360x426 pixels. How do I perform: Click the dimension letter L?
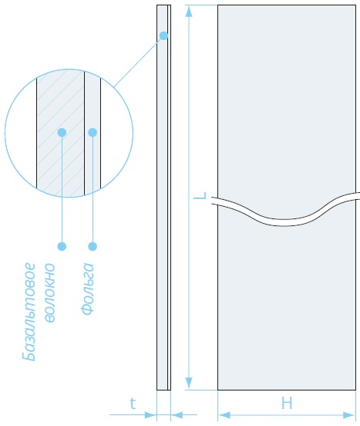pyautogui.click(x=200, y=195)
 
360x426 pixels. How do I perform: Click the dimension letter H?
pyautogui.click(x=287, y=403)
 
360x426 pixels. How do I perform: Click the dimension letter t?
pyautogui.click(x=133, y=404)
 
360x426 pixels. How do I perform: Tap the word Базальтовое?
pyautogui.click(x=29, y=312)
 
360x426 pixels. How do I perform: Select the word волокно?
pyautogui.click(x=49, y=292)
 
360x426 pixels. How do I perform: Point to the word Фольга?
pyautogui.click(x=87, y=289)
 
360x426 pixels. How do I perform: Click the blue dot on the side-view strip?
pyautogui.click(x=163, y=35)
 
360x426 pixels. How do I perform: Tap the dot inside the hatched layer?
pyautogui.click(x=62, y=132)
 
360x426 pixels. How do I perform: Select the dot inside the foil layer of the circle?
pyautogui.click(x=93, y=132)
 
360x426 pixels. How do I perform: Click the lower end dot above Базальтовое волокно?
pyautogui.click(x=62, y=246)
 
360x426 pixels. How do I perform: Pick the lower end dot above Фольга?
pyautogui.click(x=93, y=246)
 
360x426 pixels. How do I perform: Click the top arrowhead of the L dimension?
pyautogui.click(x=189, y=12)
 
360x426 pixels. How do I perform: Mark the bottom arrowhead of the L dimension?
pyautogui.click(x=189, y=383)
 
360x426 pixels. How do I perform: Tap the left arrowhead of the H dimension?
pyautogui.click(x=224, y=415)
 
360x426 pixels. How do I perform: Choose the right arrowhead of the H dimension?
pyautogui.click(x=349, y=415)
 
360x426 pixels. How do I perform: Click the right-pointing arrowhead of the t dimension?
pyautogui.click(x=150, y=415)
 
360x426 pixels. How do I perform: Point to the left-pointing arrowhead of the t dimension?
pyautogui.click(x=177, y=415)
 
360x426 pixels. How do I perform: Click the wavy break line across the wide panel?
pyautogui.click(x=285, y=222)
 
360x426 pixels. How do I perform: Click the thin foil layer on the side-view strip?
pyautogui.click(x=170, y=198)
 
